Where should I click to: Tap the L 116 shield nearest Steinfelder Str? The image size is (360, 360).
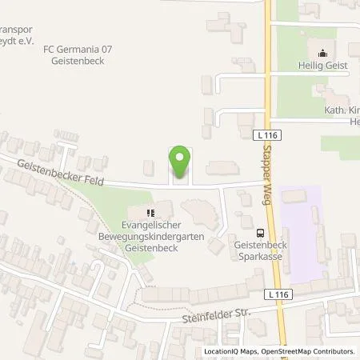[x=279, y=296]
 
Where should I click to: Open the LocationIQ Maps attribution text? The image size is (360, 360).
[x=231, y=351]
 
